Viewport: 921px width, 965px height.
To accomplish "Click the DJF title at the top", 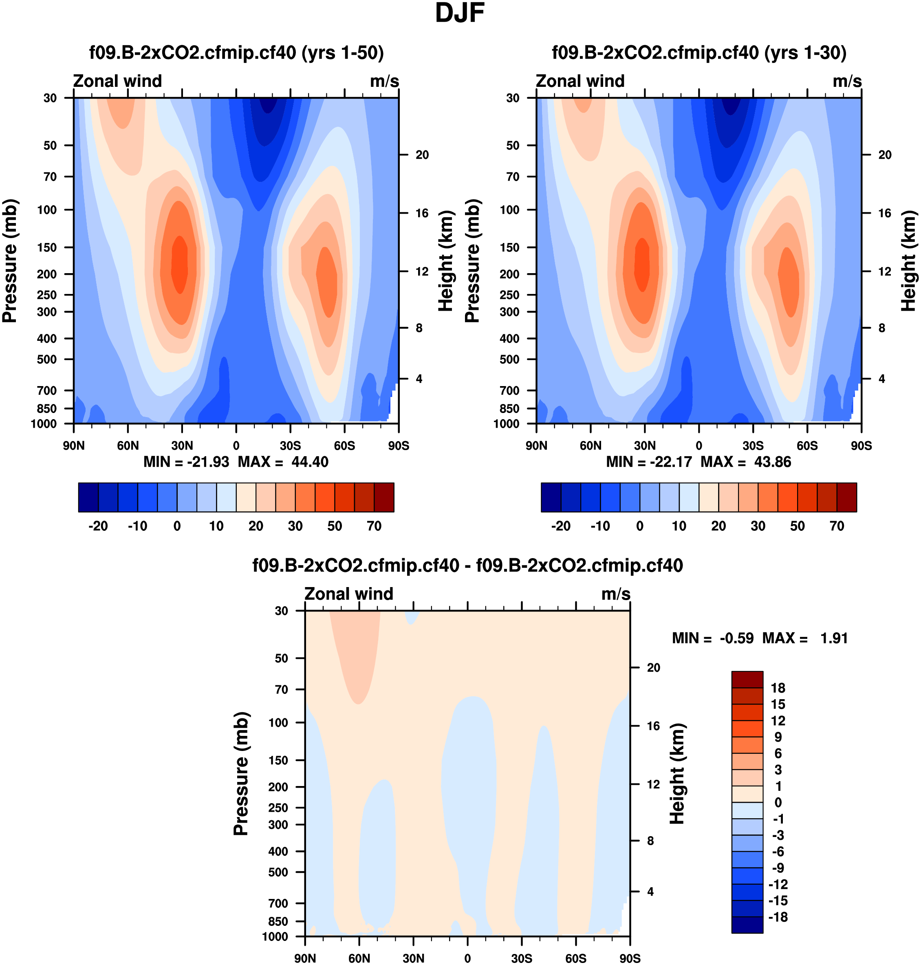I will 460,13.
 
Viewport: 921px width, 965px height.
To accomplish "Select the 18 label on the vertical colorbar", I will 778,688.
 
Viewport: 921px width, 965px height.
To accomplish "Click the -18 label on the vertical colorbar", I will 778,917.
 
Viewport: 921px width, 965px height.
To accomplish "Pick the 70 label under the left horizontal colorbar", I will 374,526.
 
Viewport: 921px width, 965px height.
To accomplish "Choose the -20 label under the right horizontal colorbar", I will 561,526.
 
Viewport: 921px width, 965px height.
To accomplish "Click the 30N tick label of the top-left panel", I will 182,446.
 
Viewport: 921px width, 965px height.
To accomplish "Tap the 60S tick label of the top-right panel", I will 807,446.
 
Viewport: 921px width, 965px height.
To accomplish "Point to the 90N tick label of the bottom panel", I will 305,958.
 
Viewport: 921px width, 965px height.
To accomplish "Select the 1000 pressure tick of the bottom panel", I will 275,936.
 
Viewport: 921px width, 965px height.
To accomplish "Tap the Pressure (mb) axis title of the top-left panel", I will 10,261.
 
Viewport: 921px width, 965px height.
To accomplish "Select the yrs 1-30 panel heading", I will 699,53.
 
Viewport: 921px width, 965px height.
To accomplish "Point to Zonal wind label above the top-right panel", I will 580,81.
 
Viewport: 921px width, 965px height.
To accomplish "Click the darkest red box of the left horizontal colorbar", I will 384,497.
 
